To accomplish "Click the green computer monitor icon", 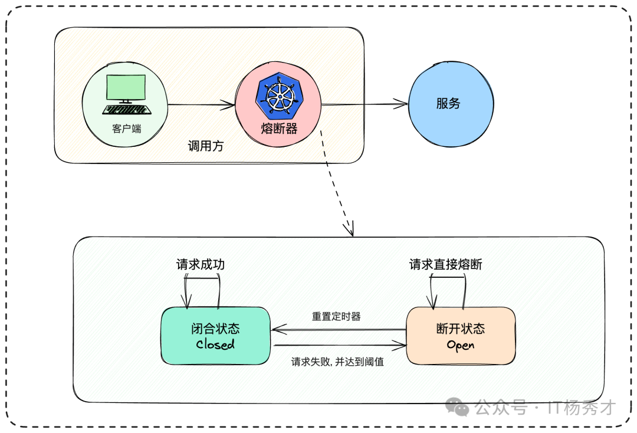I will pyautogui.click(x=126, y=89).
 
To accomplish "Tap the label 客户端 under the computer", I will pyautogui.click(x=127, y=128).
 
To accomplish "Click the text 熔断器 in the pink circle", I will pyautogui.click(x=279, y=128).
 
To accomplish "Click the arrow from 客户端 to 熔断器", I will pyautogui.click(x=201, y=106).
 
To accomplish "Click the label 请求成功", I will pyautogui.click(x=201, y=265).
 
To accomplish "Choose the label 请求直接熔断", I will pyautogui.click(x=446, y=265).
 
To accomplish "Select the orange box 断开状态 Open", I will pyautogui.click(x=461, y=336).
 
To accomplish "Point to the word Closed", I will pyautogui.click(x=215, y=344).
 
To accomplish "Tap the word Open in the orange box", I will pyautogui.click(x=461, y=345).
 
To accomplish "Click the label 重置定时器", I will pyautogui.click(x=336, y=317).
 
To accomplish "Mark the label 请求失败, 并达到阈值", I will pyautogui.click(x=337, y=362).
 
